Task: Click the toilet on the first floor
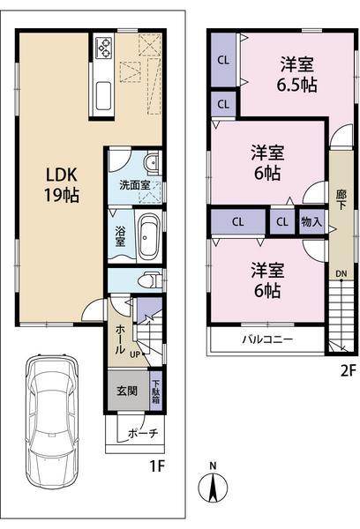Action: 150,280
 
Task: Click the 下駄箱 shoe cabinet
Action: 156,391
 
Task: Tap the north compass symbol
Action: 212,487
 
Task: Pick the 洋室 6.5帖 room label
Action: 297,75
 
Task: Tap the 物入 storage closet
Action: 310,221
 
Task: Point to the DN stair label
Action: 340,274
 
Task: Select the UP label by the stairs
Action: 134,354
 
